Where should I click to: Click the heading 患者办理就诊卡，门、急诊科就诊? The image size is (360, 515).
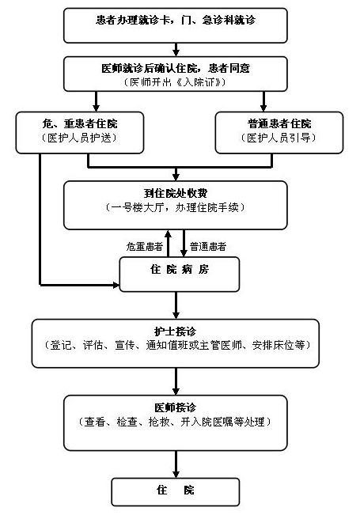point(176,20)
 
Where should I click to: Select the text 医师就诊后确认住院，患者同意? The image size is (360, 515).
point(176,68)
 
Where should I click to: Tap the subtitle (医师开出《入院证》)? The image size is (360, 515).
point(175,81)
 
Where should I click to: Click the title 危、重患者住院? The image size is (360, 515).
point(80,123)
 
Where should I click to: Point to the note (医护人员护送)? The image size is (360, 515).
point(79,138)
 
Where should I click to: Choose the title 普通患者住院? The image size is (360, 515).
point(279,123)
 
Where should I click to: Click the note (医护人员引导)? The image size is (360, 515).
point(279,138)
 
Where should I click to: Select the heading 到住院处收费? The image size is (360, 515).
point(176,193)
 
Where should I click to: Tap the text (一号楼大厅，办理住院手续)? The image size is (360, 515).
point(175,207)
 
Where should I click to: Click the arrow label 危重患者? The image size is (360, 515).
point(145,246)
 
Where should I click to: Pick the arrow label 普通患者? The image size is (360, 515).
point(208,246)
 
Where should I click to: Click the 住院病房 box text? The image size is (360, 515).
point(180,269)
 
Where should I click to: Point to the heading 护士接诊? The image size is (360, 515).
point(176,331)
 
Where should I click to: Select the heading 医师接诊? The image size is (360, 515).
point(176,407)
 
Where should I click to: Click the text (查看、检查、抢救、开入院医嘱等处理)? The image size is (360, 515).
point(175,422)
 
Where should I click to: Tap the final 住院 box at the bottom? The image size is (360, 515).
point(176,492)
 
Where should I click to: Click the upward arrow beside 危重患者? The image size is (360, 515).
point(168,244)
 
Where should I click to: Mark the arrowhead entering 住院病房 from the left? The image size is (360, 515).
point(116,285)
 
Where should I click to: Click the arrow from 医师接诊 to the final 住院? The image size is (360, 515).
point(176,464)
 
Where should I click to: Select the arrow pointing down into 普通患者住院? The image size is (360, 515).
point(263,101)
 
